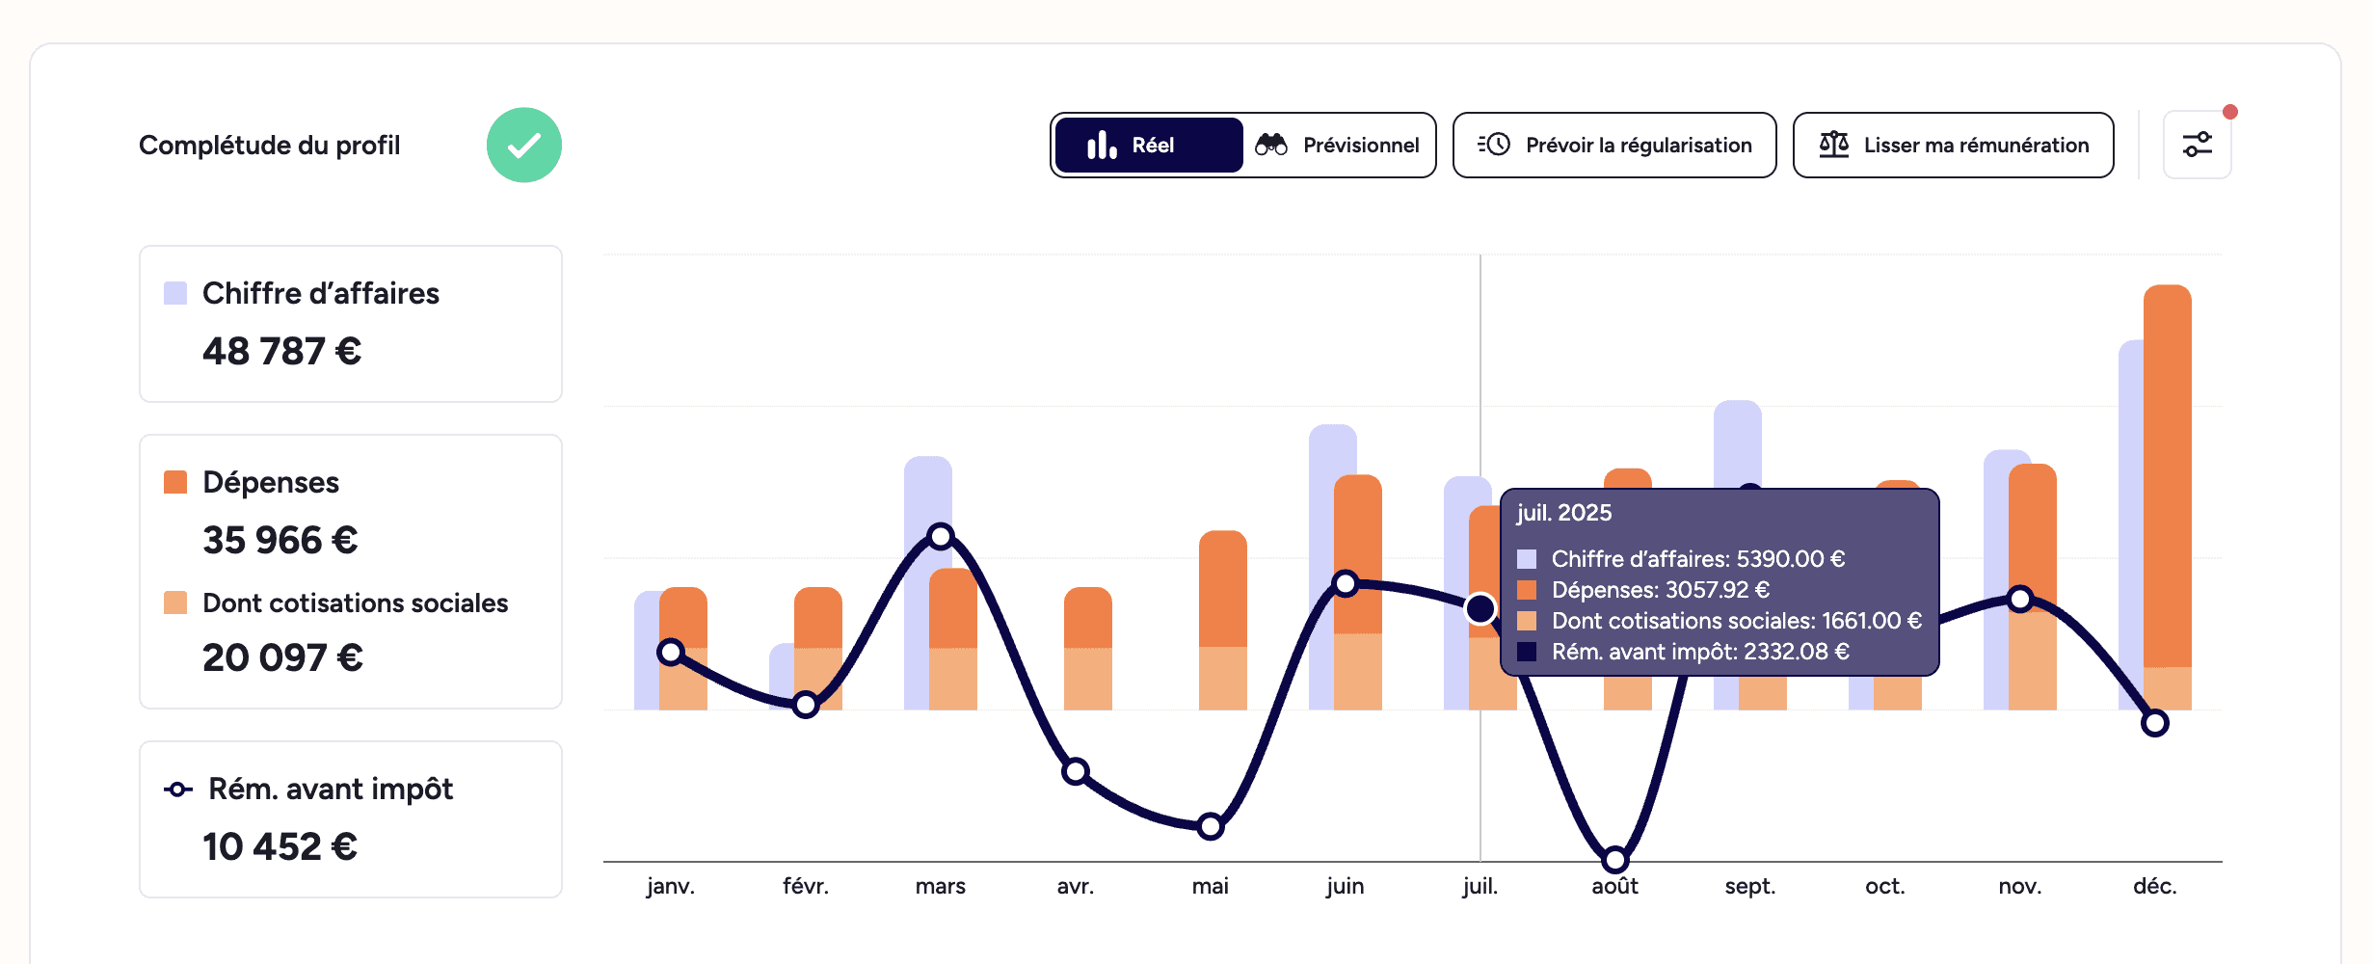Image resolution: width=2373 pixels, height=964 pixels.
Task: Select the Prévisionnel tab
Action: [1339, 146]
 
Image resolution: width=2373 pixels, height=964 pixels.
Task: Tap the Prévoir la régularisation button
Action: [1613, 146]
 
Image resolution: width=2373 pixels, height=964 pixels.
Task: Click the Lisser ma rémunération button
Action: [1953, 146]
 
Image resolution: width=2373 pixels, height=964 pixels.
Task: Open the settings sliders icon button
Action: [2197, 146]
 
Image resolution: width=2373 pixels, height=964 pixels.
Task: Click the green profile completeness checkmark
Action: [523, 146]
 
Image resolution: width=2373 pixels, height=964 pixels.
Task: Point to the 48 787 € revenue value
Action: [281, 352]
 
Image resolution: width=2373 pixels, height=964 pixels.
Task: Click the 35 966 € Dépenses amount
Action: [280, 541]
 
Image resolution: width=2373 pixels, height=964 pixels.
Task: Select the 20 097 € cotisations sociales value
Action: [282, 658]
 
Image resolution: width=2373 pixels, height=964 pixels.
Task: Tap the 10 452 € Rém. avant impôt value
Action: [280, 847]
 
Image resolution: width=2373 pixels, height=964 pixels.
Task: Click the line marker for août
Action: [1614, 858]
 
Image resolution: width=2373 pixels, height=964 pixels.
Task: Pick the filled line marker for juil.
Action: [1480, 608]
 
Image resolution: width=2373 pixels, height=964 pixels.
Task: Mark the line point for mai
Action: [1210, 826]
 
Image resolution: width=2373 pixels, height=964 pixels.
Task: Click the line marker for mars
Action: [940, 536]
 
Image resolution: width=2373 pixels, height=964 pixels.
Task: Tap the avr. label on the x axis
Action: [1075, 886]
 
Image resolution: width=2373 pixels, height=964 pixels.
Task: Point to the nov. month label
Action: [2019, 886]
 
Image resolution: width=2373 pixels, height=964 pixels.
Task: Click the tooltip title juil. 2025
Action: [1563, 513]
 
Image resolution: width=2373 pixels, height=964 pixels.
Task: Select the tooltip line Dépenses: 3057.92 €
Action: [1660, 590]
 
